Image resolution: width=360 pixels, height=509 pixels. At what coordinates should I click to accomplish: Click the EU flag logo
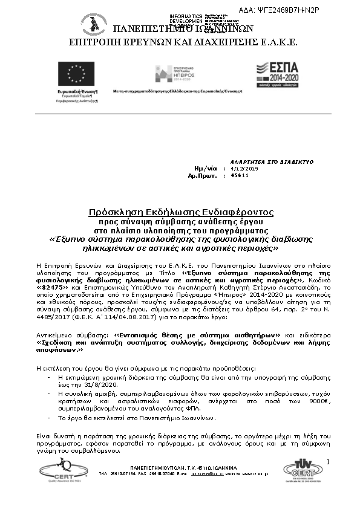71,73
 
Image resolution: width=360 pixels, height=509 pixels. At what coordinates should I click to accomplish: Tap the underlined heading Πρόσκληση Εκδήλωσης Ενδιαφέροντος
181,213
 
